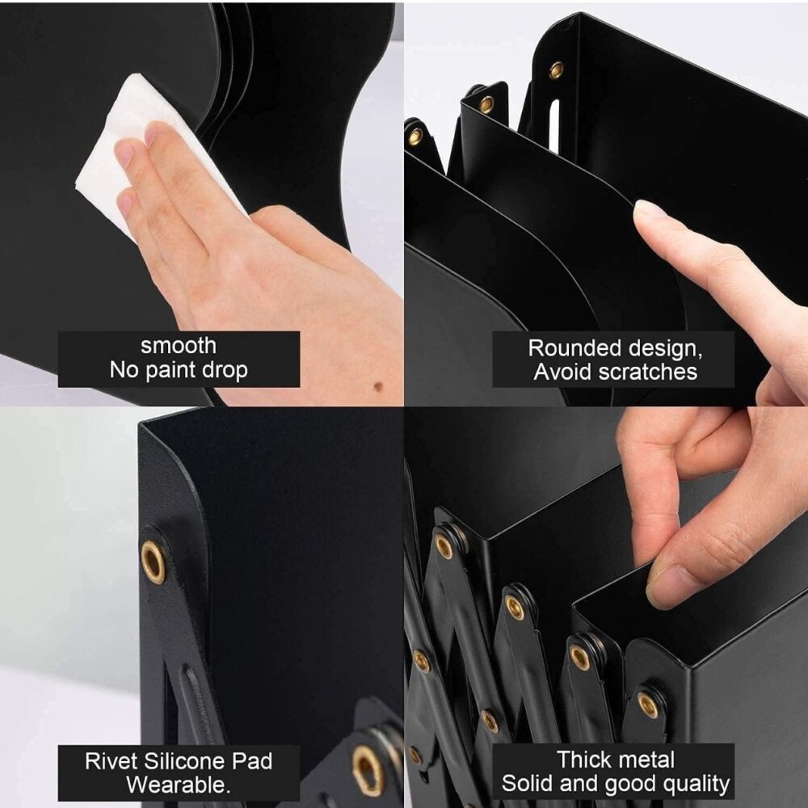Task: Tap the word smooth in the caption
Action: tap(179, 346)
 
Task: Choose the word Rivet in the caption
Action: tap(111, 761)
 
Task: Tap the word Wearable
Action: tap(179, 785)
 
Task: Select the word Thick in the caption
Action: tap(583, 760)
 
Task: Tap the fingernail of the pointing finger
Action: tap(649, 208)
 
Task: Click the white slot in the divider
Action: tap(554, 127)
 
